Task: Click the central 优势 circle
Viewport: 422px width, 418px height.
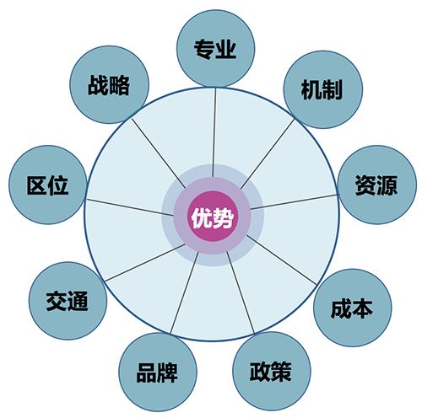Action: point(213,216)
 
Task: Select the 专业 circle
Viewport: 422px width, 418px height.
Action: point(216,48)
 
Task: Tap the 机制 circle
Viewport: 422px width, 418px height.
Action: point(323,89)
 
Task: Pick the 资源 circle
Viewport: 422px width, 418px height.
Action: point(377,185)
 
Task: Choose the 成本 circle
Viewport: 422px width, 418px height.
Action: point(353,308)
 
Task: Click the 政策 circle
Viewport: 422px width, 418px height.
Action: point(272,371)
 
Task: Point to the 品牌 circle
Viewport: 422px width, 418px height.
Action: point(158,372)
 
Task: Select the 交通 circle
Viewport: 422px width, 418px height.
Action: point(68,301)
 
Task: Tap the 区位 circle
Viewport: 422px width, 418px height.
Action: point(48,185)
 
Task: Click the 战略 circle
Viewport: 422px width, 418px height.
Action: point(109,84)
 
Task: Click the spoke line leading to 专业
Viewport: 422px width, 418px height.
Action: point(214,132)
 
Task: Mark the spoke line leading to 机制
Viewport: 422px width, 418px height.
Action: point(268,153)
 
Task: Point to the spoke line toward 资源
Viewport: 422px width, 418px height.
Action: point(295,201)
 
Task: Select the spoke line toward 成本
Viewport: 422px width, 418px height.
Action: point(282,260)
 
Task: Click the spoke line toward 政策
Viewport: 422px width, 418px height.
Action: point(241,293)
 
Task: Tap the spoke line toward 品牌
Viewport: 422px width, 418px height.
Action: point(184,292)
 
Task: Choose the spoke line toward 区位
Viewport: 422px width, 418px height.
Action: point(130,207)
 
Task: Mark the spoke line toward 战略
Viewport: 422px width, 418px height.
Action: point(159,153)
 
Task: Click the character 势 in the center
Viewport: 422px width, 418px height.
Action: point(224,217)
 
